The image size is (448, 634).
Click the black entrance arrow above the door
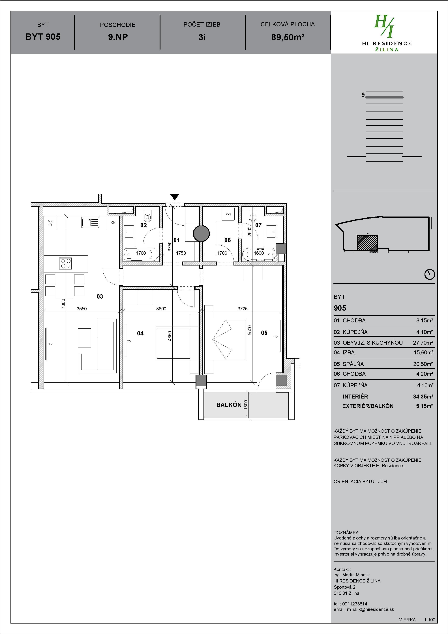[174, 197]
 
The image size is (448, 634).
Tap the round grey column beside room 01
[201, 233]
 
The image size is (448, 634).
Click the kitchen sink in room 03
[91, 222]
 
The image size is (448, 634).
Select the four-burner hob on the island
[66, 263]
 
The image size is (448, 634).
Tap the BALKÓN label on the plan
[229, 405]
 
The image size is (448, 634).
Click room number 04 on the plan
[140, 333]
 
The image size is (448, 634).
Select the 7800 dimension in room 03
[63, 304]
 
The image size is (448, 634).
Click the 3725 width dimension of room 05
[242, 309]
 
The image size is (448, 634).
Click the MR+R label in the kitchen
[50, 223]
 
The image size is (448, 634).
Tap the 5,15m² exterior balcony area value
[424, 406]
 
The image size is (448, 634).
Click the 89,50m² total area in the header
[288, 37]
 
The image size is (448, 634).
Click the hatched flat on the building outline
[367, 243]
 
